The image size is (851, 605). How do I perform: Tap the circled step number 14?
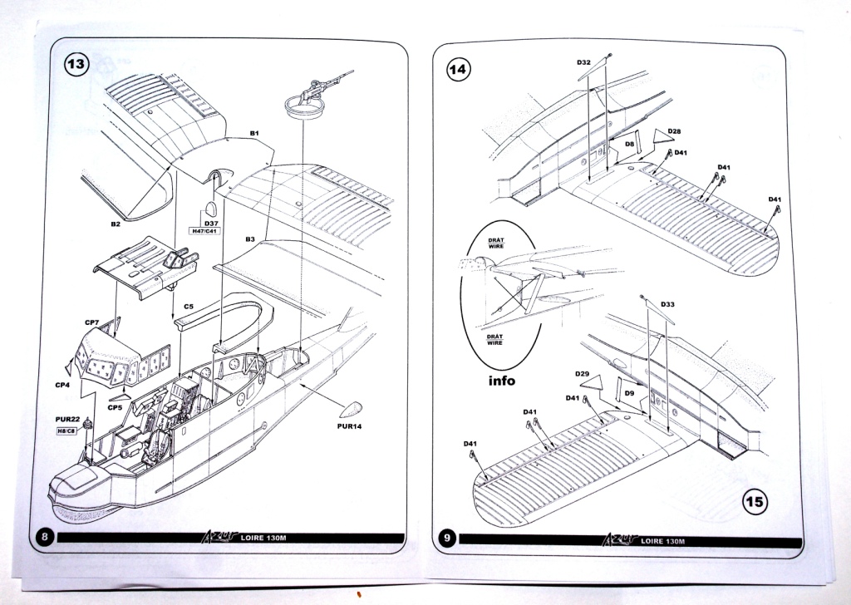458,69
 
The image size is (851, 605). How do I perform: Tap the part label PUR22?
67,418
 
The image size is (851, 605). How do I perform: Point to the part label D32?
583,63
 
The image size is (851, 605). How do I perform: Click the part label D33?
667,305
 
